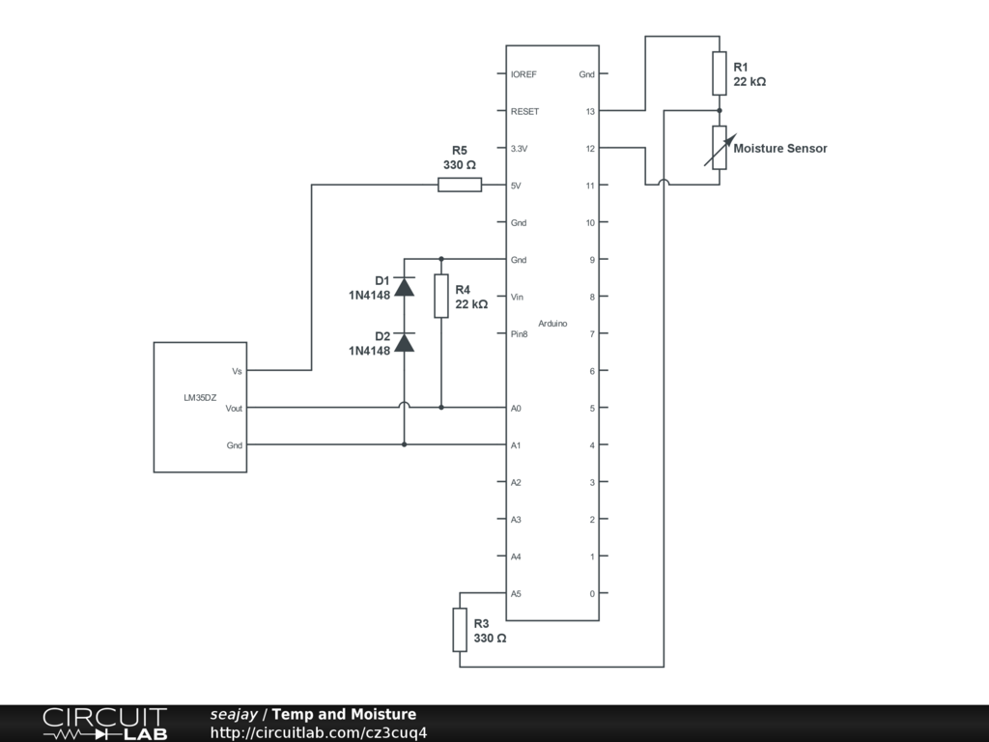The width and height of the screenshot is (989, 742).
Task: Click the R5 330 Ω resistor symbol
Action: [x=460, y=185]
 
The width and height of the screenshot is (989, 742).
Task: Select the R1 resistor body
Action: [x=719, y=73]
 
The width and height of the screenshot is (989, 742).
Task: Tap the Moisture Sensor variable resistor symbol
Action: [x=719, y=148]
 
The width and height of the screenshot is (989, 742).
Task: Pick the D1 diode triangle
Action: [x=405, y=287]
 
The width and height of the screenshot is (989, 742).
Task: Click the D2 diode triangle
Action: [x=405, y=343]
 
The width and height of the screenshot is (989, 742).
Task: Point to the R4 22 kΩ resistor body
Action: [x=440, y=296]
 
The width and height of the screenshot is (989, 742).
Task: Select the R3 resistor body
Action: [x=460, y=630]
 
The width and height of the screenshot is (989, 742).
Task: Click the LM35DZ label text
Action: [x=200, y=397]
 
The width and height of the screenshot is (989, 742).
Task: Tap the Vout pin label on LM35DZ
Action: [x=234, y=409]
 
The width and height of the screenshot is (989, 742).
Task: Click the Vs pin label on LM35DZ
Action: [x=237, y=371]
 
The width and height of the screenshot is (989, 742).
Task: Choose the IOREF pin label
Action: [x=523, y=74]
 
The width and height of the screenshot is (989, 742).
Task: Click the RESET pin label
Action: [x=524, y=112]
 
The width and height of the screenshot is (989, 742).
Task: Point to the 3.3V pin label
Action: [x=519, y=149]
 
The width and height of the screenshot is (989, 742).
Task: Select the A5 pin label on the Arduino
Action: [x=516, y=594]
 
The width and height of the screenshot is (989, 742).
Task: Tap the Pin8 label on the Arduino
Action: [x=519, y=334]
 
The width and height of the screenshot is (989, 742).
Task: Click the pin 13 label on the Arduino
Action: [x=590, y=112]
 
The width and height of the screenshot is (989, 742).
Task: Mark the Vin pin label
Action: [x=517, y=298]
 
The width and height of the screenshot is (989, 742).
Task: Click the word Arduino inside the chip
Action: [x=552, y=324]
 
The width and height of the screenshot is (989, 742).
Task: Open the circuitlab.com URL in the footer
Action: [x=319, y=732]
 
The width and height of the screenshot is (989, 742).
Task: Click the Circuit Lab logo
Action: [x=104, y=724]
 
